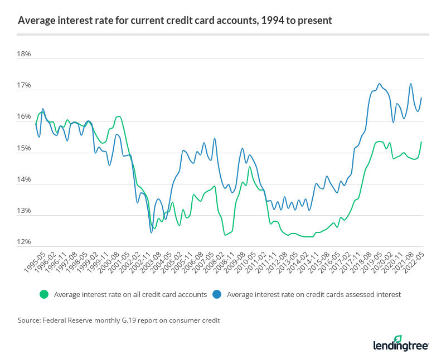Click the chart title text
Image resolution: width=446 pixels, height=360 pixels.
[x=174, y=21]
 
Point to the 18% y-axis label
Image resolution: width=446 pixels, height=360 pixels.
[x=24, y=55]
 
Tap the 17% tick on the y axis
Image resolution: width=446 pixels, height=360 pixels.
[x=24, y=86]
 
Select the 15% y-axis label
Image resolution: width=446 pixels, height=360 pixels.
[x=24, y=149]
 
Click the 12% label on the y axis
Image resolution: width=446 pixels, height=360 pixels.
[x=24, y=242]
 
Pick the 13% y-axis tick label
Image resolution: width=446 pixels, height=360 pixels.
[x=24, y=211]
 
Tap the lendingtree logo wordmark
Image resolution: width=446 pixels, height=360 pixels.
[x=400, y=346]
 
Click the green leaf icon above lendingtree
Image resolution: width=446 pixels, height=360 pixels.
[x=397, y=338]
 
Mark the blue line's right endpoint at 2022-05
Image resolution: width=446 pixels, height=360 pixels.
[x=421, y=98]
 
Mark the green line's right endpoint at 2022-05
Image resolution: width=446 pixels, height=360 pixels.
[x=421, y=142]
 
